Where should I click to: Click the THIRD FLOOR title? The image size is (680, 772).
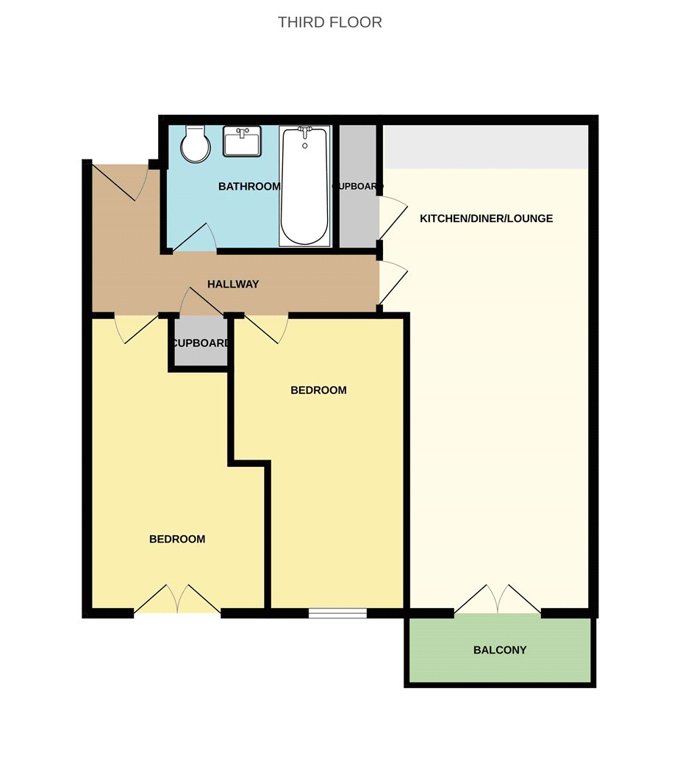pyautogui.click(x=330, y=22)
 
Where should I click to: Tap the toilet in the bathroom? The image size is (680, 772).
pyautogui.click(x=196, y=144)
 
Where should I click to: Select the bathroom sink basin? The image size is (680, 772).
pyautogui.click(x=242, y=141)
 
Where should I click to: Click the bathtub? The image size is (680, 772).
pyautogui.click(x=305, y=186)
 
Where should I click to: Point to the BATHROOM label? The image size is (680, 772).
pyautogui.click(x=249, y=187)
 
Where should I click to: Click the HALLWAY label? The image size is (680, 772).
pyautogui.click(x=233, y=284)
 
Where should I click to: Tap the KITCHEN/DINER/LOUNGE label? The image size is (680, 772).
pyautogui.click(x=486, y=218)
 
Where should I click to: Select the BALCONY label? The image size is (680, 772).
pyautogui.click(x=500, y=650)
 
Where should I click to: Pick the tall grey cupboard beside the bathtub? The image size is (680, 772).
pyautogui.click(x=358, y=186)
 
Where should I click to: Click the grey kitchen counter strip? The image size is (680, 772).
pyautogui.click(x=485, y=147)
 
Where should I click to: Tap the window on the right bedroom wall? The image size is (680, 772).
pyautogui.click(x=337, y=613)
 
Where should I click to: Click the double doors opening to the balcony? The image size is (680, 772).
pyautogui.click(x=498, y=600)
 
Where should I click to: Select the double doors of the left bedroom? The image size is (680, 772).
pyautogui.click(x=177, y=599)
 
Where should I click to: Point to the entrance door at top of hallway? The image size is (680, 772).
pyautogui.click(x=121, y=182)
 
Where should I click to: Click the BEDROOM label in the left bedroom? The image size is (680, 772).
pyautogui.click(x=177, y=539)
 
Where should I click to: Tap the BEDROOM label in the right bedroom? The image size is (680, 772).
pyautogui.click(x=318, y=390)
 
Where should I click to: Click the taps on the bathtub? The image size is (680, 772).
pyautogui.click(x=305, y=133)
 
